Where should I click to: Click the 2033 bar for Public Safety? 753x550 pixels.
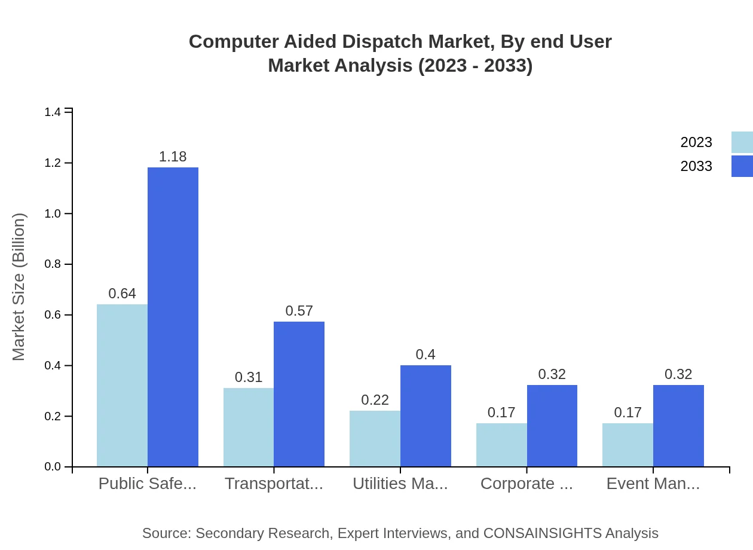click(173, 317)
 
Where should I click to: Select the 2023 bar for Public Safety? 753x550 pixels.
click(122, 386)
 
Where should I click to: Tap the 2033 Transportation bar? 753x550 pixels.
click(299, 394)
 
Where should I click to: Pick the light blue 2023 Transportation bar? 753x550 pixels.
click(249, 427)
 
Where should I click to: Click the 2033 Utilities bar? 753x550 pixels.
click(426, 415)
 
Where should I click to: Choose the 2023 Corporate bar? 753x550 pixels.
click(501, 445)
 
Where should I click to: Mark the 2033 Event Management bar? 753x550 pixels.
click(678, 426)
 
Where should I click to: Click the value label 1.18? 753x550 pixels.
click(173, 157)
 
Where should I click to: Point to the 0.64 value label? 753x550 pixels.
click(122, 294)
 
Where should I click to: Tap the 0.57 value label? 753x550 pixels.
click(299, 311)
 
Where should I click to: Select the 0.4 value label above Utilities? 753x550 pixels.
click(426, 355)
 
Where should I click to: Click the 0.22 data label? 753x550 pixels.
click(375, 400)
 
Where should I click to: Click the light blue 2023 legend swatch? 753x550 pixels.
click(742, 142)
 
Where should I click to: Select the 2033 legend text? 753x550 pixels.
click(696, 166)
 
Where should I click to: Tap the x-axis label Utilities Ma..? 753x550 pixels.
click(400, 484)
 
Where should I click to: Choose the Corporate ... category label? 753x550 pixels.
click(527, 484)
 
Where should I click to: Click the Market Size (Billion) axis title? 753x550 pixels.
click(19, 287)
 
